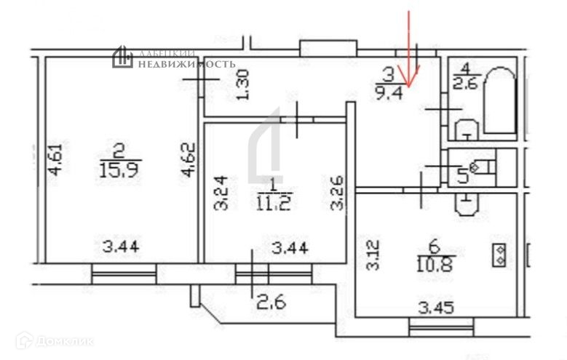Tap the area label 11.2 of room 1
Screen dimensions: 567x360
tap(273, 204)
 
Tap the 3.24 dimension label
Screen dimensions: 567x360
tap(219, 193)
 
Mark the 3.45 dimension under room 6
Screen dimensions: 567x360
tap(436, 308)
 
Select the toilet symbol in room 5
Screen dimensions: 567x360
tap(482, 167)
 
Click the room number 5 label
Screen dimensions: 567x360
tap(461, 175)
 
